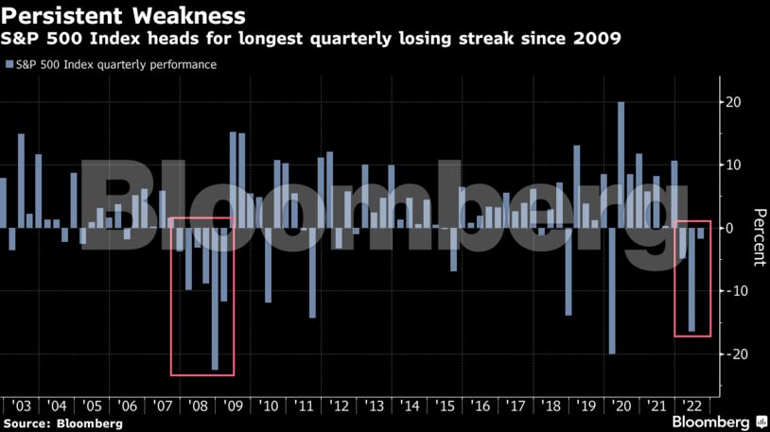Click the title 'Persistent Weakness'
pyautogui.click(x=125, y=16)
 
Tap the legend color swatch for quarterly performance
pyautogui.click(x=9, y=65)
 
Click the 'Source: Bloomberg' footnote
pyautogui.click(x=62, y=423)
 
